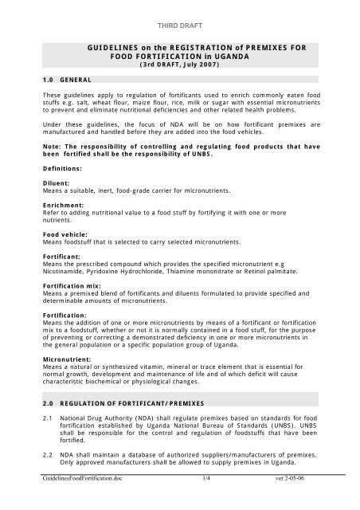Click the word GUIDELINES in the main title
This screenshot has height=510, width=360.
(112, 49)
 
